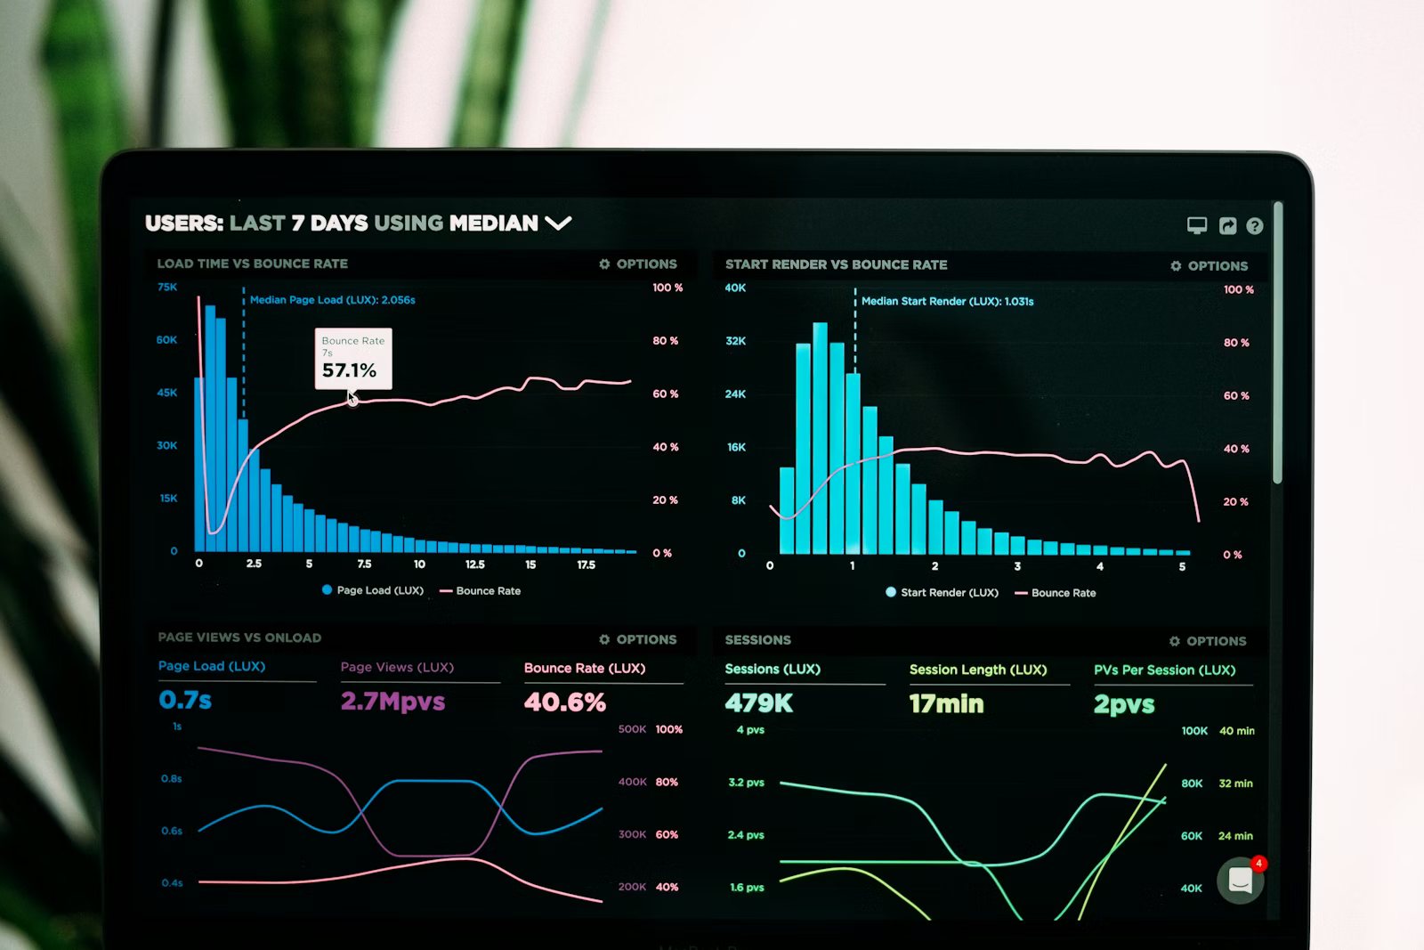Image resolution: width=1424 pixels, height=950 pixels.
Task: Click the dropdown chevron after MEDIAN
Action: click(x=558, y=223)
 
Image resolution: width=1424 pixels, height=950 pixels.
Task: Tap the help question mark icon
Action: click(x=1255, y=226)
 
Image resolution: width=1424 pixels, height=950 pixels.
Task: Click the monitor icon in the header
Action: click(x=1197, y=225)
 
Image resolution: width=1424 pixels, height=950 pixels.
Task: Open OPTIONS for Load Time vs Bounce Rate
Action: click(x=638, y=264)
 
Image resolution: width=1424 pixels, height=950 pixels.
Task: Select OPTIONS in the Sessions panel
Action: click(x=1208, y=641)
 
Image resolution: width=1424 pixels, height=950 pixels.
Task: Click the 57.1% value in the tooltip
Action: click(x=349, y=370)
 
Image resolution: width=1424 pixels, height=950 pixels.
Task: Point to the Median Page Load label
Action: click(x=332, y=300)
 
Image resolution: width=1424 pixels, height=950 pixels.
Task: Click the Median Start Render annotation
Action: click(x=947, y=302)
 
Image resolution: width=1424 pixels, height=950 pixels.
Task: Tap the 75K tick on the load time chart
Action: click(x=167, y=287)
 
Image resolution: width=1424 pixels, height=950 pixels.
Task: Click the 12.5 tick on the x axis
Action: click(x=475, y=564)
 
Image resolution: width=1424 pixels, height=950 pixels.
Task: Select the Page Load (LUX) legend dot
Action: click(x=328, y=590)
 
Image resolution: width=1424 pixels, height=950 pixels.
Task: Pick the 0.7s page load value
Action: click(x=185, y=700)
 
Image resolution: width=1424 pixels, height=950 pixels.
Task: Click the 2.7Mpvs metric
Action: click(x=392, y=702)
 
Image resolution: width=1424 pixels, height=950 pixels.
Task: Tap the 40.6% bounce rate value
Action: click(x=565, y=702)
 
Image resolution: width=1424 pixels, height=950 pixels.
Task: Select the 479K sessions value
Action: click(x=758, y=703)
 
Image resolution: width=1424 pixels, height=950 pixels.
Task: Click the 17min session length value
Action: click(x=946, y=704)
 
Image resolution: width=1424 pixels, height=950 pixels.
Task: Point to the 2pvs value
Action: click(x=1124, y=705)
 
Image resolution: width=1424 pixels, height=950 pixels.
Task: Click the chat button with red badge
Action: click(x=1241, y=881)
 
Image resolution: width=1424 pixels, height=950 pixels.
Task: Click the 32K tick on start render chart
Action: click(x=735, y=341)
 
